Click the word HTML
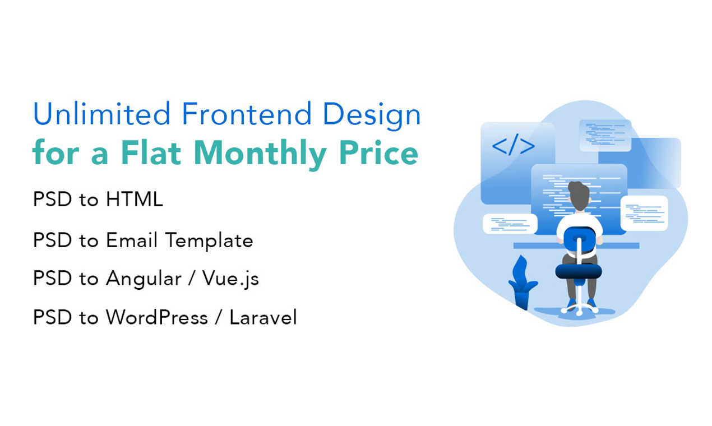133,199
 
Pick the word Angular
144,279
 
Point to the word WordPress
156,317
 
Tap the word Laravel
263,317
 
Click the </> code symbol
513,146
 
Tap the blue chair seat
579,272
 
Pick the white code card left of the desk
510,224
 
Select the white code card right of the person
644,213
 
